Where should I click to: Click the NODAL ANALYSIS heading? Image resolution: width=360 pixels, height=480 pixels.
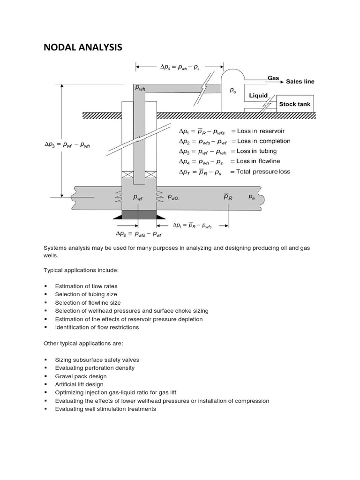pos(82,47)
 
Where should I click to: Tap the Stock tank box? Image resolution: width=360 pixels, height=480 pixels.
pos(294,104)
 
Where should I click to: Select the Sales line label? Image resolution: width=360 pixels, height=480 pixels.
pos(300,81)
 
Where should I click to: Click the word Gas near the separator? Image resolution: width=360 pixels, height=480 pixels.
pos(273,78)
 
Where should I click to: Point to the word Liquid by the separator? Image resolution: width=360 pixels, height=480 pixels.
pos(258,95)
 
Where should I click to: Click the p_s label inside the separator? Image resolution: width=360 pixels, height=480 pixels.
pos(233,90)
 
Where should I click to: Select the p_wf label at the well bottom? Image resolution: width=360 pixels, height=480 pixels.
pos(138,198)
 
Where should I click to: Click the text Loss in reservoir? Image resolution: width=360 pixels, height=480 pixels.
pos(261,131)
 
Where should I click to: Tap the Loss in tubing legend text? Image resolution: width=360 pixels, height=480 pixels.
pos(257,151)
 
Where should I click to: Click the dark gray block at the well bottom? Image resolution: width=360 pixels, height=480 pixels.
pos(139,215)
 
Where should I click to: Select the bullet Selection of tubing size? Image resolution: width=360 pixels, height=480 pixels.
pos(86,294)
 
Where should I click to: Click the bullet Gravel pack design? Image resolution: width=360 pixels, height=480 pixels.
pos(81,376)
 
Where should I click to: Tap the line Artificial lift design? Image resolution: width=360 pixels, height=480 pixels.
pos(79,384)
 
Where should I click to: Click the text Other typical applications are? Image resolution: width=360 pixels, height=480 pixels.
pos(83,343)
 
